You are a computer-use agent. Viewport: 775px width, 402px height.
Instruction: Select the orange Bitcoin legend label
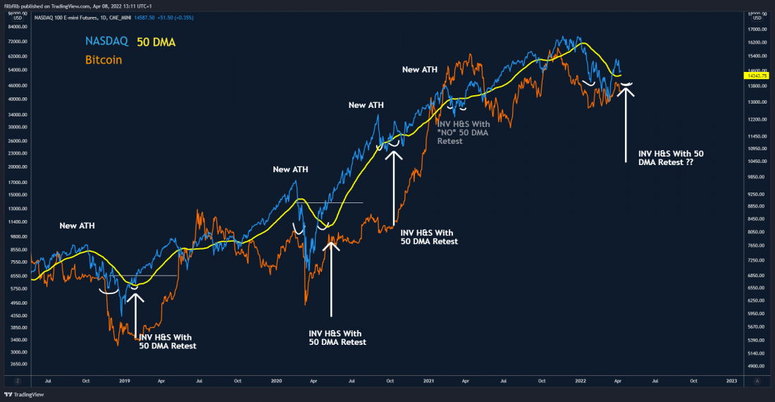point(104,60)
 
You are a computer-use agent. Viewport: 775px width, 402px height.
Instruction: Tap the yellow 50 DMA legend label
point(156,42)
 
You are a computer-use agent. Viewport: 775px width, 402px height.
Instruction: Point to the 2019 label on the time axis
point(124,380)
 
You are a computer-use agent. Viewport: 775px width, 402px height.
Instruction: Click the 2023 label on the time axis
point(731,380)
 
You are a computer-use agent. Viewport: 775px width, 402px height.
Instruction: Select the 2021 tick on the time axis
point(428,380)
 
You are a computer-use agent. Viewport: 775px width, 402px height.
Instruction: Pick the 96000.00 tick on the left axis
point(17,13)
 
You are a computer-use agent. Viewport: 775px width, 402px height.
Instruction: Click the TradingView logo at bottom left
point(27,395)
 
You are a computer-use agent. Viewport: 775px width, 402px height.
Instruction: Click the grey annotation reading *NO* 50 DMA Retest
point(463,132)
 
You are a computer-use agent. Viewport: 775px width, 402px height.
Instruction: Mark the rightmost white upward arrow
point(626,123)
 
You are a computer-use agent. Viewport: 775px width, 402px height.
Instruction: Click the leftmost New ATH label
point(78,226)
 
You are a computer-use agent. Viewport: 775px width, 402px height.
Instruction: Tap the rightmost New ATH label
point(420,69)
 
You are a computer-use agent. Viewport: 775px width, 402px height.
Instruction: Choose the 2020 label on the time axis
point(276,380)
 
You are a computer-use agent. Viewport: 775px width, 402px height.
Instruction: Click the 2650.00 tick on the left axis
point(17,365)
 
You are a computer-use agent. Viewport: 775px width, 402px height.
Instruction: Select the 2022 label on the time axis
point(579,380)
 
